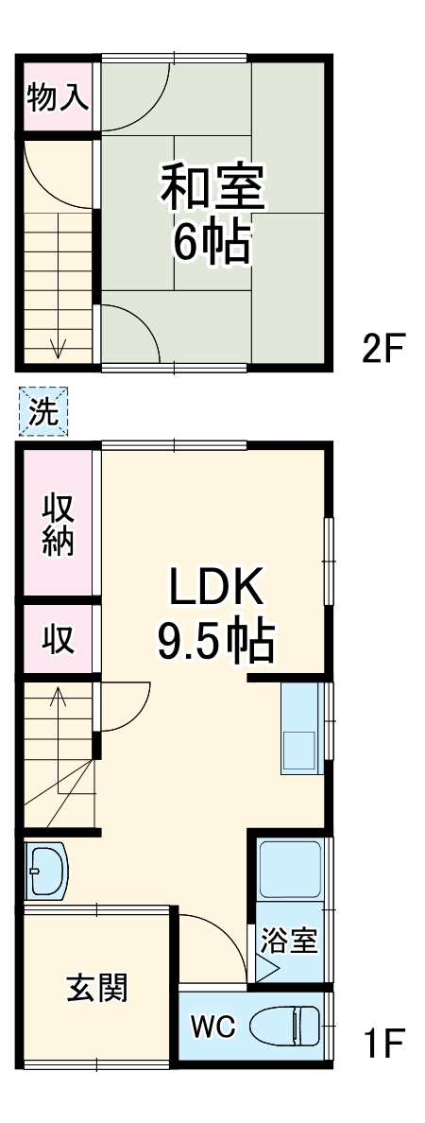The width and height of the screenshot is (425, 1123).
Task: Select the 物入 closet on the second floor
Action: [59, 96]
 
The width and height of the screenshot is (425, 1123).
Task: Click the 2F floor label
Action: [383, 350]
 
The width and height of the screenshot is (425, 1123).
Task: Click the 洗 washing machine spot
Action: [43, 412]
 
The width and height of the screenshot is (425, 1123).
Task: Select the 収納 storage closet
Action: [59, 527]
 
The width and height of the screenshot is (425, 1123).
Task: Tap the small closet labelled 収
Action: [59, 640]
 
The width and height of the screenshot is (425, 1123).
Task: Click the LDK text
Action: [214, 589]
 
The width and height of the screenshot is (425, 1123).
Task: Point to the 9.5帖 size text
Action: [214, 644]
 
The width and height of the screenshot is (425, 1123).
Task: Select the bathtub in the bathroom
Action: [292, 868]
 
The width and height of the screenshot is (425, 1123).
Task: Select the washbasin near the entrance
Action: [45, 871]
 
